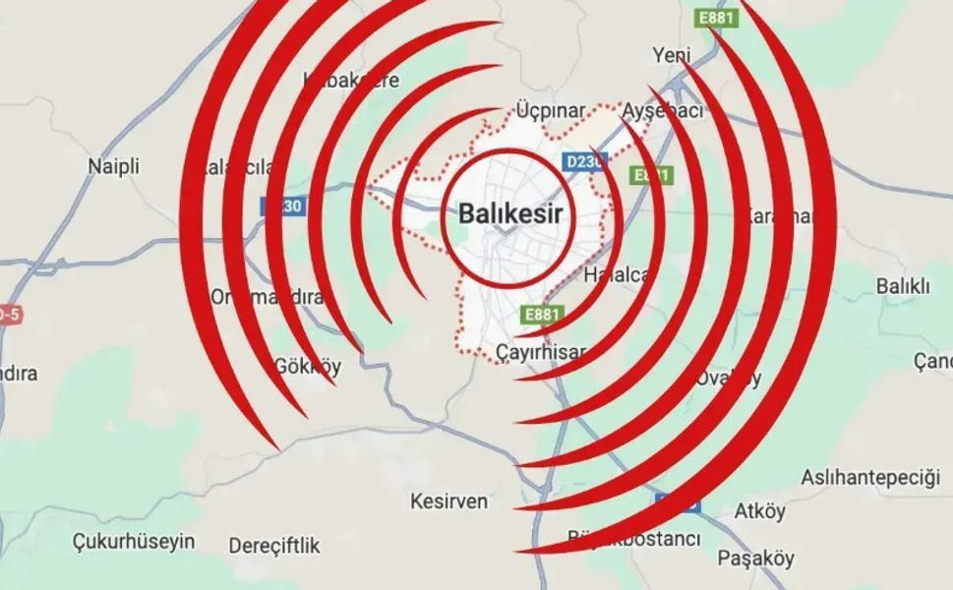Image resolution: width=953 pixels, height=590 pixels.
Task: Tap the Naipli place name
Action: point(114,166)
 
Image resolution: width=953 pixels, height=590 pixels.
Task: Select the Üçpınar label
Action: point(551,110)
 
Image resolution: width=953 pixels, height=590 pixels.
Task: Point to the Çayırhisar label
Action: point(541,351)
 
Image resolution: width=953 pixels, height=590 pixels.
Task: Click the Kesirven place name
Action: point(448,501)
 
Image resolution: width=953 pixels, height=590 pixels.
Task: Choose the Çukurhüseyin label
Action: point(134,541)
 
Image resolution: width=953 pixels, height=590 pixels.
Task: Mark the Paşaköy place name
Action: point(755,559)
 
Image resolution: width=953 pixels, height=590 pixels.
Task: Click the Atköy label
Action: point(760,511)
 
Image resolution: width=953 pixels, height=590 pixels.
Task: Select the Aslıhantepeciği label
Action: point(869,478)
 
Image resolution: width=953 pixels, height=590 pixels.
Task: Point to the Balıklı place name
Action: point(903,286)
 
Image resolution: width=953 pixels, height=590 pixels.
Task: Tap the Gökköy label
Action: point(307,368)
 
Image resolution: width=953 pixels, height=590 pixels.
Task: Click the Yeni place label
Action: point(672,56)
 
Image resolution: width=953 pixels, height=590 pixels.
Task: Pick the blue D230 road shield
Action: point(582,161)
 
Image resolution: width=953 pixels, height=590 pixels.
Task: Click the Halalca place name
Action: point(616,275)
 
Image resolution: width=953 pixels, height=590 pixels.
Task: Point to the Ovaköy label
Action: point(728,378)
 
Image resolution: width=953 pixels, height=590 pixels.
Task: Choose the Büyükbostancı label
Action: point(634,539)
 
